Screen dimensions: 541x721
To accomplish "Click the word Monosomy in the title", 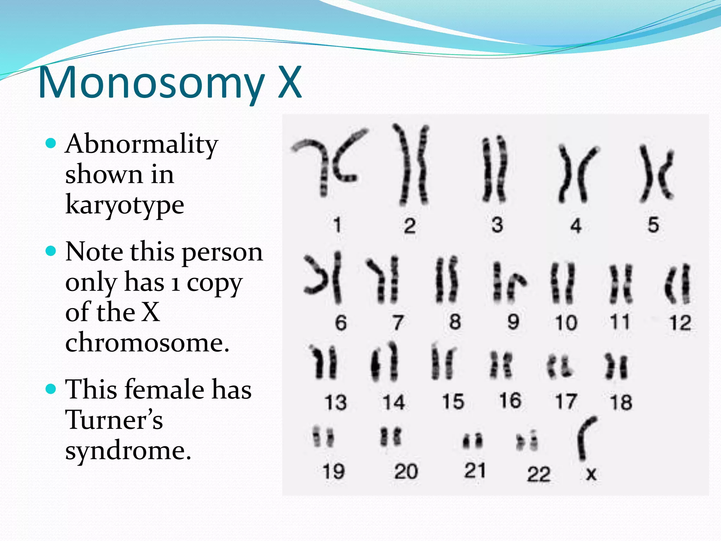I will coord(151,83).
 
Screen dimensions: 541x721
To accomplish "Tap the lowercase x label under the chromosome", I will coord(591,474).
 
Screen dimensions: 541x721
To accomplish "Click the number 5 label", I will coord(653,225).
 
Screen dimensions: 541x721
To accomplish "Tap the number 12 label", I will coord(680,323).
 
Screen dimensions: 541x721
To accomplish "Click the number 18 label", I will coord(621,402).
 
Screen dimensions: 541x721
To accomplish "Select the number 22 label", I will coord(538,474).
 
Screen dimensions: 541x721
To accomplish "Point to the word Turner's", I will coord(114,420).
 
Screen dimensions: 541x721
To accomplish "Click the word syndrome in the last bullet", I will coord(128,450).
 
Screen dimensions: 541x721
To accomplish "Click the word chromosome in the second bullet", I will coord(147,343).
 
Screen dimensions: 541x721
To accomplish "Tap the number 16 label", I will coord(510,401).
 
